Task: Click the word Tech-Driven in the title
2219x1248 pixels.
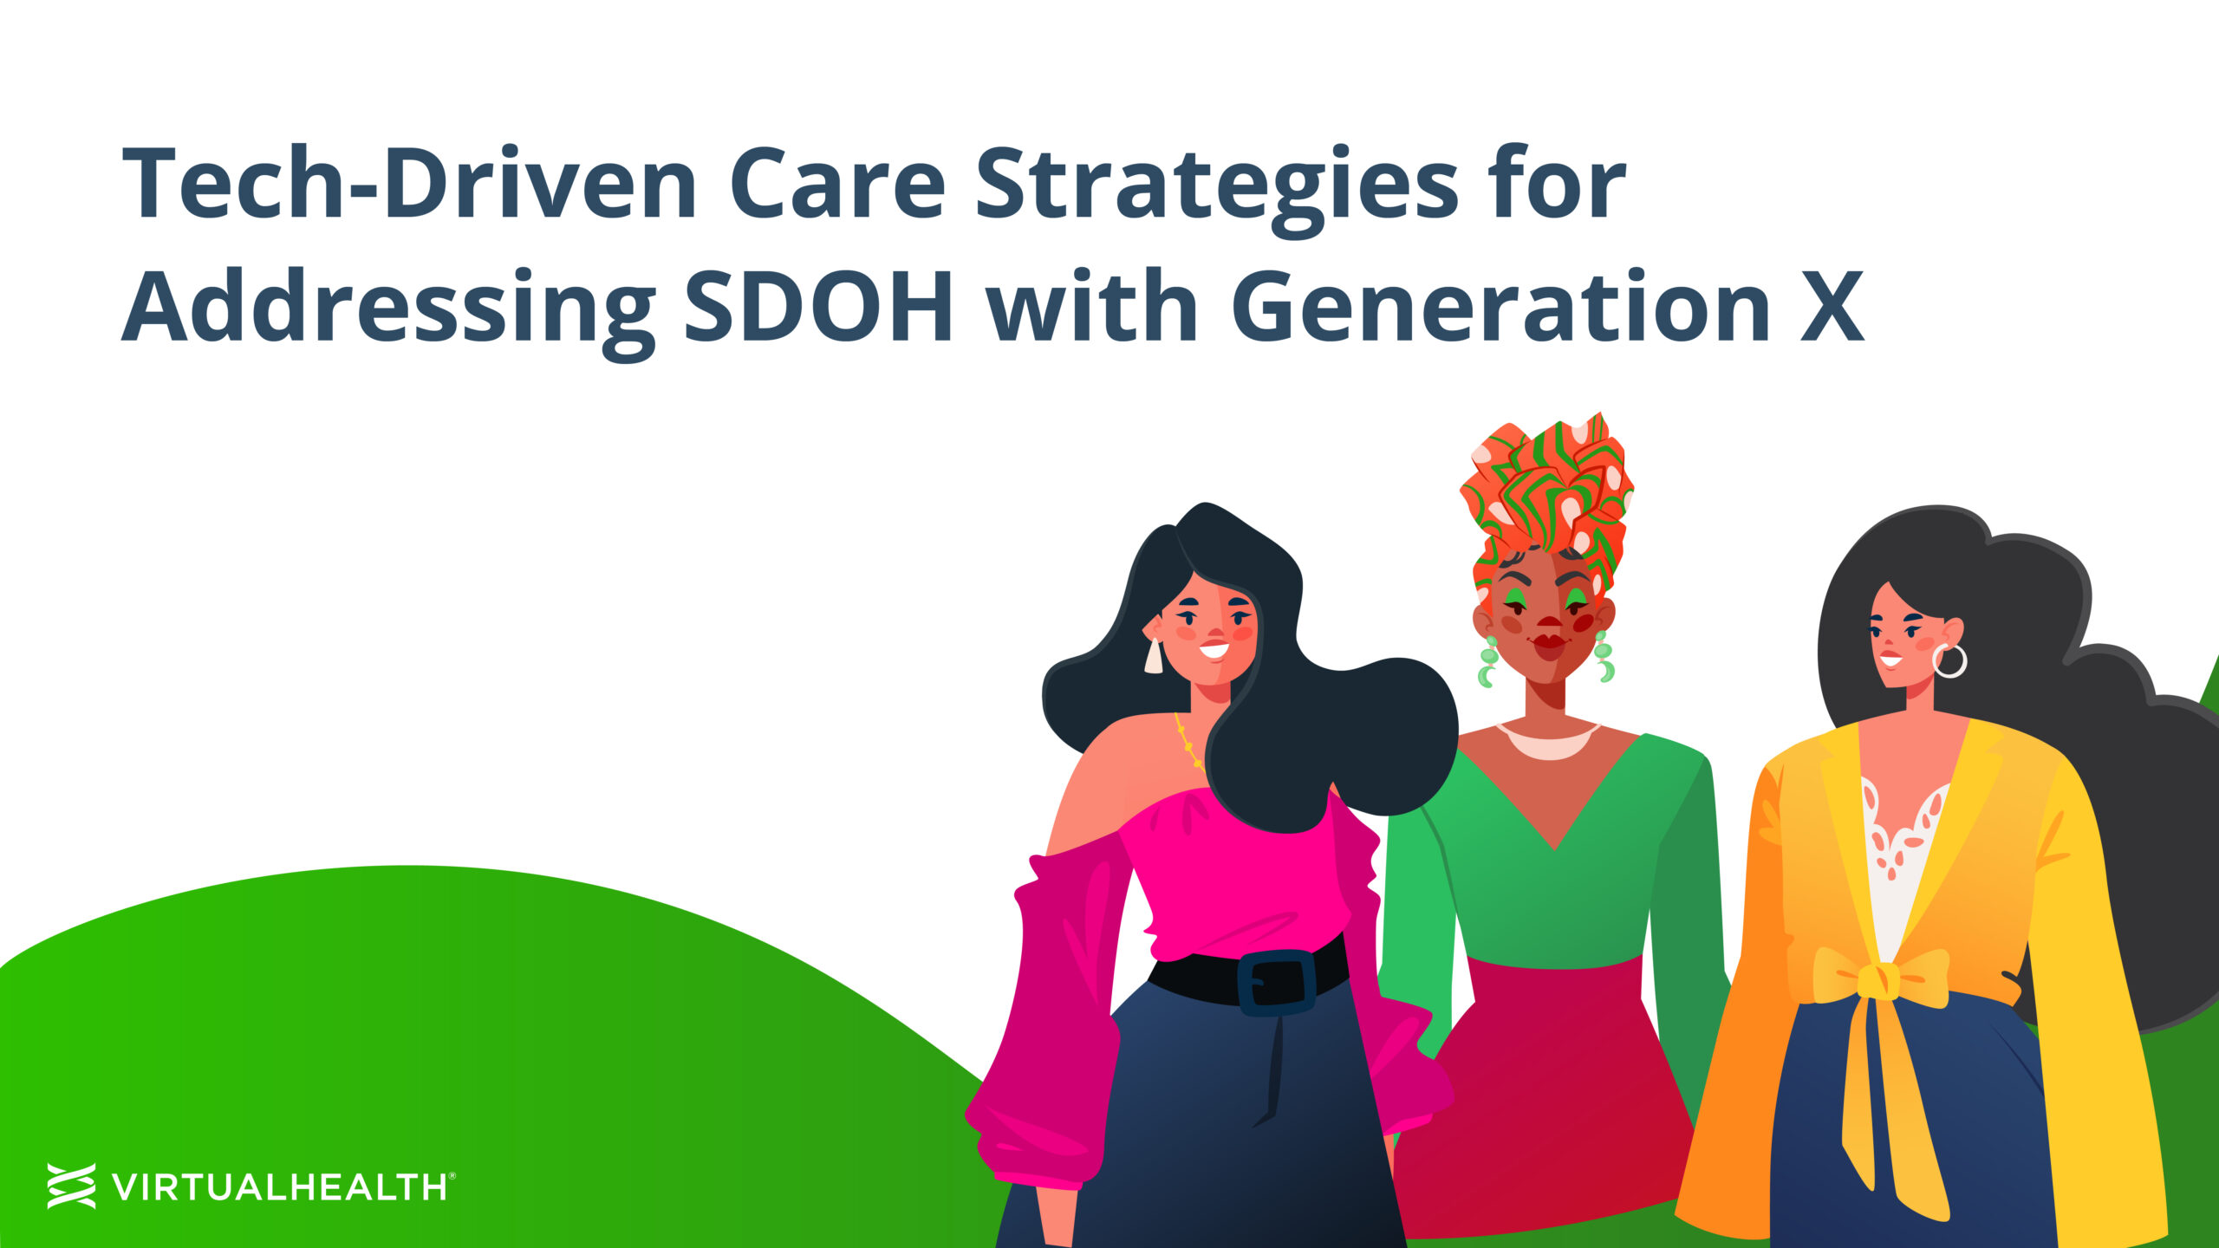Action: coord(409,184)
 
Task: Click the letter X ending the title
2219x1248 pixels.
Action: coord(1832,306)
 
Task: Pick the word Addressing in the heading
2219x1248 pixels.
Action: coord(388,312)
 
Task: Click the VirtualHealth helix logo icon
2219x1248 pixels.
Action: coord(71,1186)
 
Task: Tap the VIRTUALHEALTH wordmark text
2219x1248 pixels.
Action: coord(279,1186)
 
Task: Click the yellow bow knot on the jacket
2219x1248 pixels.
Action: coord(1880,980)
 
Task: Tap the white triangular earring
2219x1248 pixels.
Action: coord(1153,656)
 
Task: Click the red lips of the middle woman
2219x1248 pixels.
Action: coord(1549,643)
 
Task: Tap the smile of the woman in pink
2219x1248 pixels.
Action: coord(1214,649)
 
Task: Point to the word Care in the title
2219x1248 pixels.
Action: coord(837,184)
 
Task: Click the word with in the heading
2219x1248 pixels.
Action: coord(1092,305)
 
